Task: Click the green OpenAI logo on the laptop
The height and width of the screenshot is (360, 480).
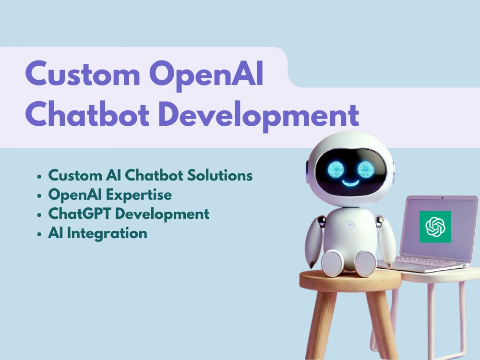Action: tap(435, 227)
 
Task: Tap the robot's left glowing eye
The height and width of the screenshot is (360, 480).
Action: tap(336, 169)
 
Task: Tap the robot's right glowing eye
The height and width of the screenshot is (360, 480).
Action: tap(366, 169)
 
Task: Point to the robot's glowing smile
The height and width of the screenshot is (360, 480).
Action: tap(351, 183)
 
